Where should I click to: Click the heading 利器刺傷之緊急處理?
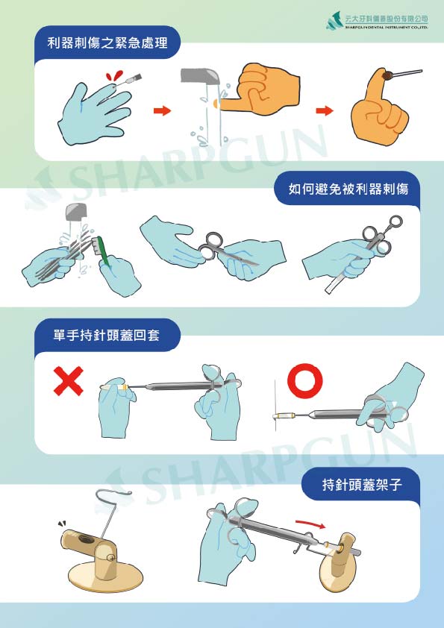point(107,43)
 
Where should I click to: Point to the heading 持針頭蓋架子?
point(362,485)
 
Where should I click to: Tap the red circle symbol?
point(305,380)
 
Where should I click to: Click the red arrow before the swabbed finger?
point(324,111)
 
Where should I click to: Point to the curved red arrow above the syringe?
point(310,524)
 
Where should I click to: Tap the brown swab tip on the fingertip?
point(389,75)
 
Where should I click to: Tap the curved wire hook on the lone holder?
point(112,498)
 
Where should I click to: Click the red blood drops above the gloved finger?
point(113,77)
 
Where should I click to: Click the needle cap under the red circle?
point(284,413)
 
